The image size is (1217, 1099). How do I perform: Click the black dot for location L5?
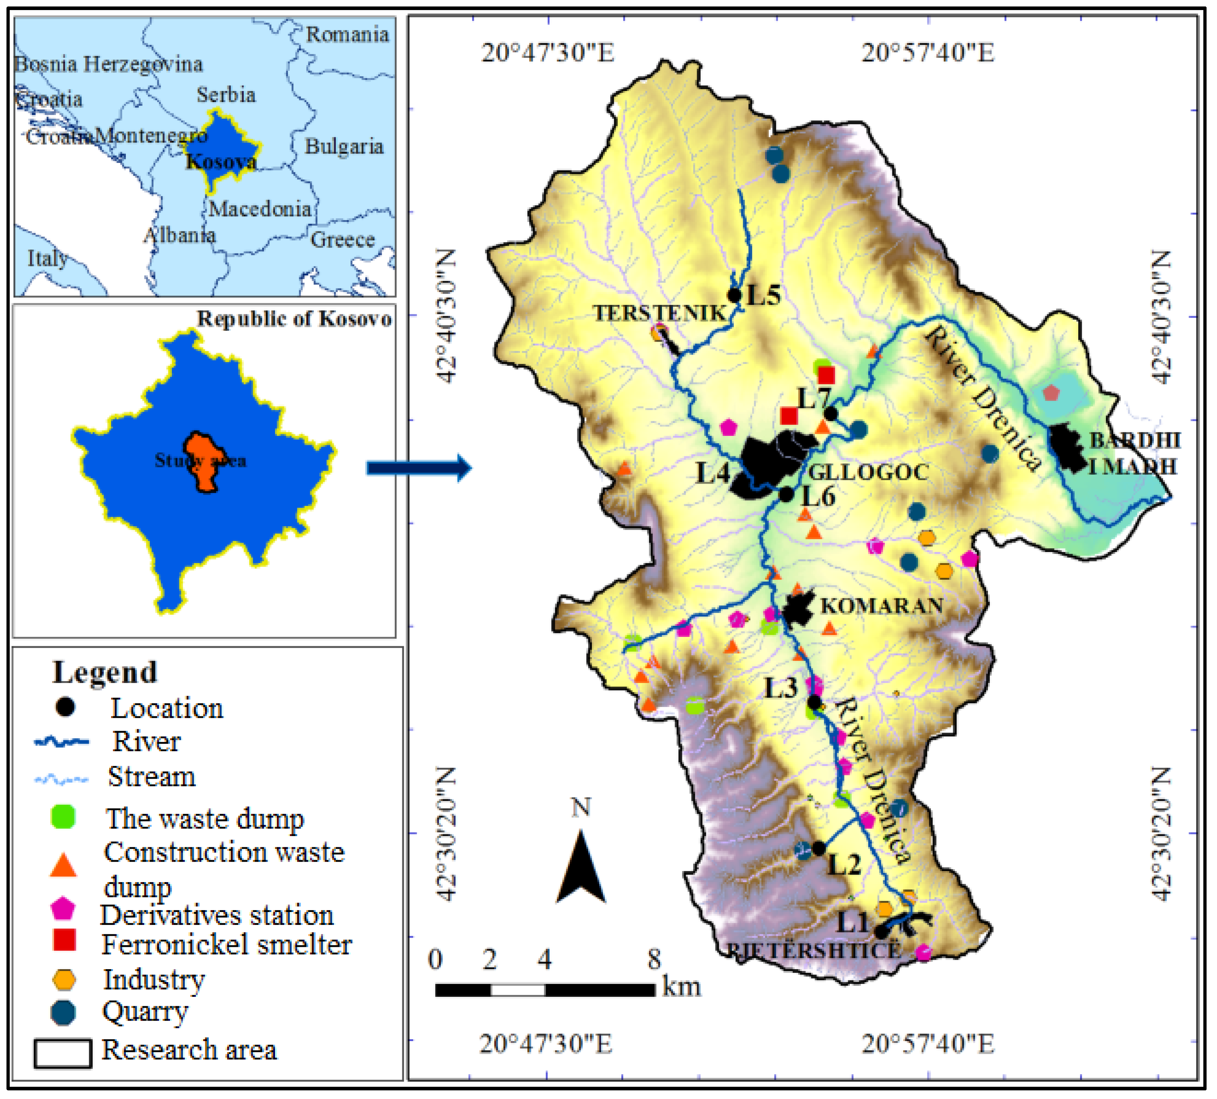pyautogui.click(x=734, y=295)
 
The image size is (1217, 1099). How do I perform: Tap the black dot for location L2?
pyautogui.click(x=819, y=848)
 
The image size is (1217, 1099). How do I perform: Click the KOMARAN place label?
pyautogui.click(x=881, y=606)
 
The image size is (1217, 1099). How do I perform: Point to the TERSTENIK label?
pyautogui.click(x=660, y=313)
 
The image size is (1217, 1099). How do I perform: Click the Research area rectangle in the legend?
pyautogui.click(x=63, y=1053)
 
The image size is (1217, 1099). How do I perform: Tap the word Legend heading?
pyautogui.click(x=104, y=672)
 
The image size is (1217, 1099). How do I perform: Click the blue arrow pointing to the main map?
pyautogui.click(x=419, y=468)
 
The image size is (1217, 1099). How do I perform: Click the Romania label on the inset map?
pyautogui.click(x=347, y=35)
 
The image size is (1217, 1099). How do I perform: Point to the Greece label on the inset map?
pyautogui.click(x=342, y=240)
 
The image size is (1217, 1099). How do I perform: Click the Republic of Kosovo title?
pyautogui.click(x=294, y=319)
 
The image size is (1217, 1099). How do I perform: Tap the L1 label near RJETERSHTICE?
pyautogui.click(x=852, y=922)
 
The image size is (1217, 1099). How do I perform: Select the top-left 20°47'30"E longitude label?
pyautogui.click(x=547, y=53)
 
